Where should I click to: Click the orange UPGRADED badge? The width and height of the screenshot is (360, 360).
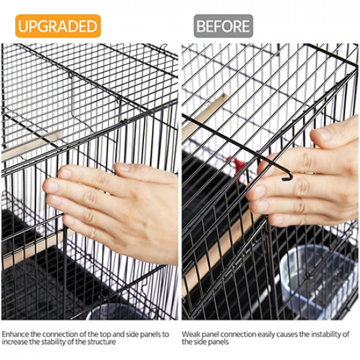coord(58,26)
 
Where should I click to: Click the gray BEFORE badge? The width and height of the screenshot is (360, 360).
coord(223,26)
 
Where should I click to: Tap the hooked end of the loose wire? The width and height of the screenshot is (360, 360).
coord(289,176)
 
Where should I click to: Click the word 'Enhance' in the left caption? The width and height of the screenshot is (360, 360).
coord(16,334)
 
